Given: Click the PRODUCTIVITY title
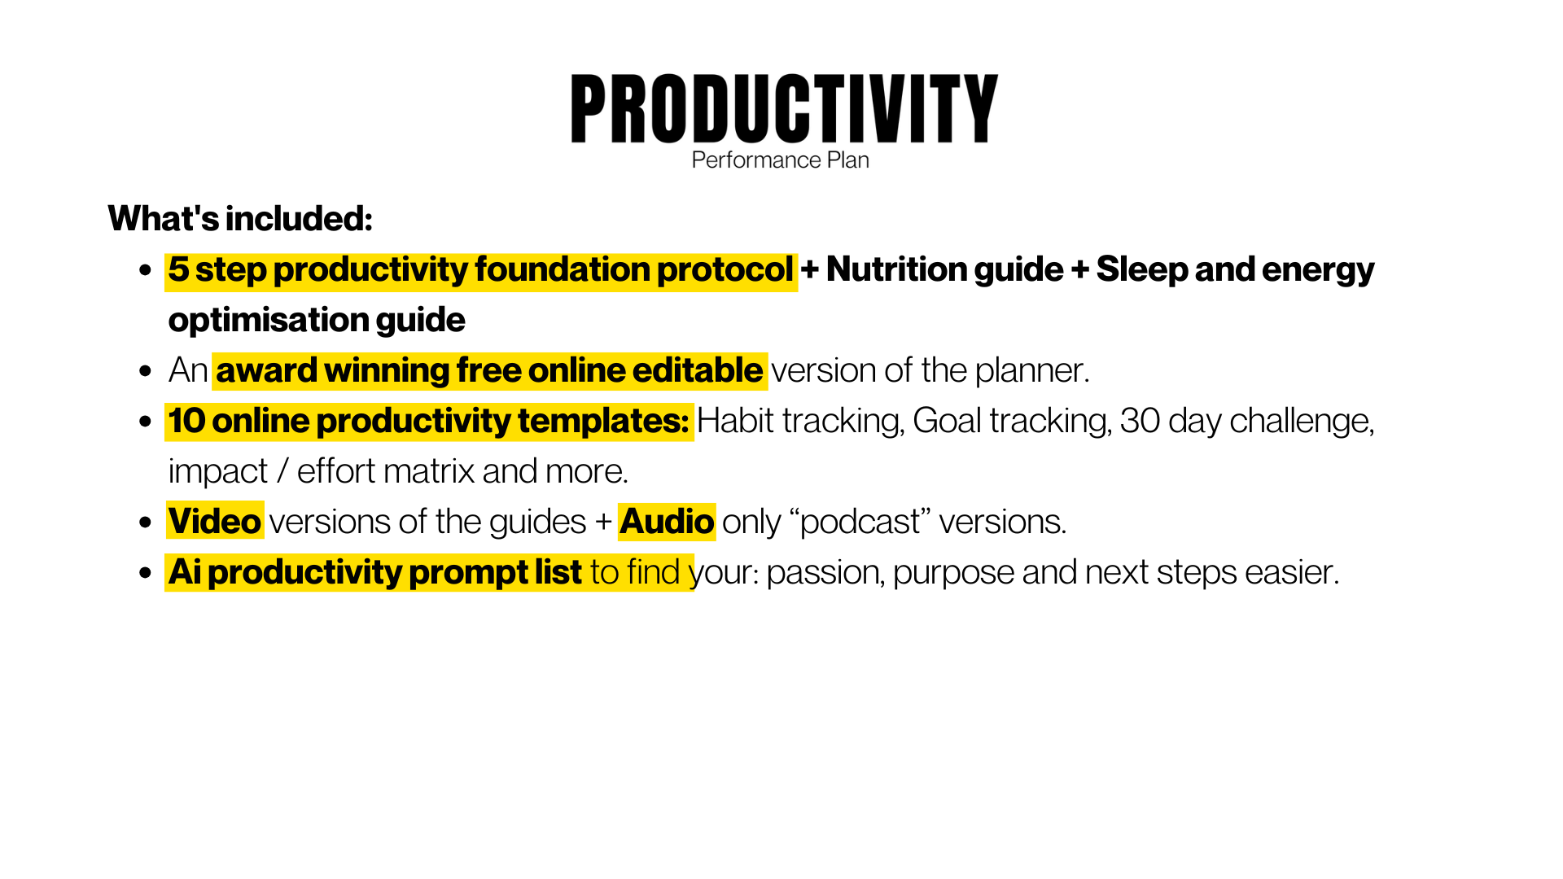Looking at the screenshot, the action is pos(784,108).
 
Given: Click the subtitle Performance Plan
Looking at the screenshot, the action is pos(780,160).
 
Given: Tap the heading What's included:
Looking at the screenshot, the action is pos(240,218).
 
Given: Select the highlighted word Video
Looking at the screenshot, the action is pos(215,522).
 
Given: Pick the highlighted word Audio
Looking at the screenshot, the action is pos(667,522).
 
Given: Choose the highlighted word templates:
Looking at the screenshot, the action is pos(603,421).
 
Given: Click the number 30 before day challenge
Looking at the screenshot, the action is pos(1140,421).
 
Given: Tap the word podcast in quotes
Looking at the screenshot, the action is pos(860,522).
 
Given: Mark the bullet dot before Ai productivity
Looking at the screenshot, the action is pos(146,573).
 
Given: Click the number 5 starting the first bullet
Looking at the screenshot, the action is pos(178,270).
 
